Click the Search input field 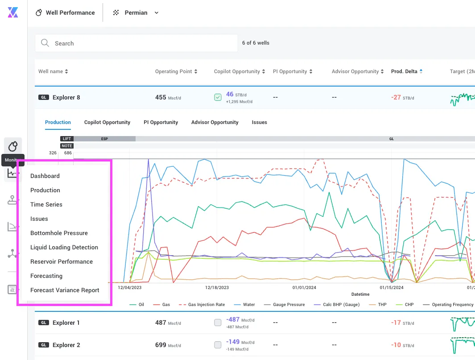[x=136, y=43]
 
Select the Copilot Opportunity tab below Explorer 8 [x=107, y=122]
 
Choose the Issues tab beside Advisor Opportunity [x=259, y=122]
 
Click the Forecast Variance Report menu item [x=65, y=290]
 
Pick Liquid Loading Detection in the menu [x=64, y=247]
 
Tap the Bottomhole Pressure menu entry [x=59, y=233]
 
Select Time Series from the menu [x=46, y=205]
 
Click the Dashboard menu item [x=45, y=176]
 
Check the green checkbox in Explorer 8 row [x=218, y=97]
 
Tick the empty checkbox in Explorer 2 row [x=218, y=345]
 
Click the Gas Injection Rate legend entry [x=202, y=305]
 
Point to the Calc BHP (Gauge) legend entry [x=337, y=305]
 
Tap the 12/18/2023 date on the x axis [x=217, y=288]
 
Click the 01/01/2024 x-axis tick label [x=304, y=288]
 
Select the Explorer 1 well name [x=66, y=323]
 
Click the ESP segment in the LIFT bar [x=104, y=139]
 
